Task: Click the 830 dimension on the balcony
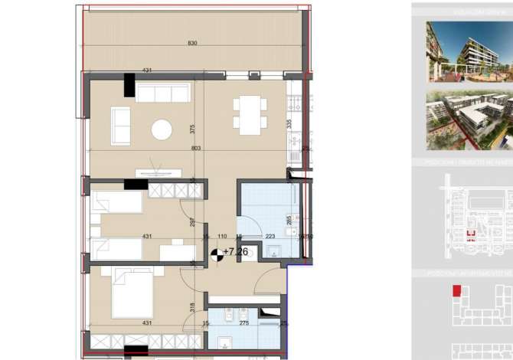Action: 192,44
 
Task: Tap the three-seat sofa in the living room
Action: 162,93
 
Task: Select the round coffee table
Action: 162,129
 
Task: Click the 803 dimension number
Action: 196,148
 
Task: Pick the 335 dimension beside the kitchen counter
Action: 289,123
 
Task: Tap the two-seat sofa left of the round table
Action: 120,126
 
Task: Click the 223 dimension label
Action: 270,237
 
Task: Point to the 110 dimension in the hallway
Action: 223,237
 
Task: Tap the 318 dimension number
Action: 192,306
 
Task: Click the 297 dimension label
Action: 192,222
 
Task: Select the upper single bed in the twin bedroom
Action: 116,202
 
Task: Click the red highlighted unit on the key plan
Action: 457,291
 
